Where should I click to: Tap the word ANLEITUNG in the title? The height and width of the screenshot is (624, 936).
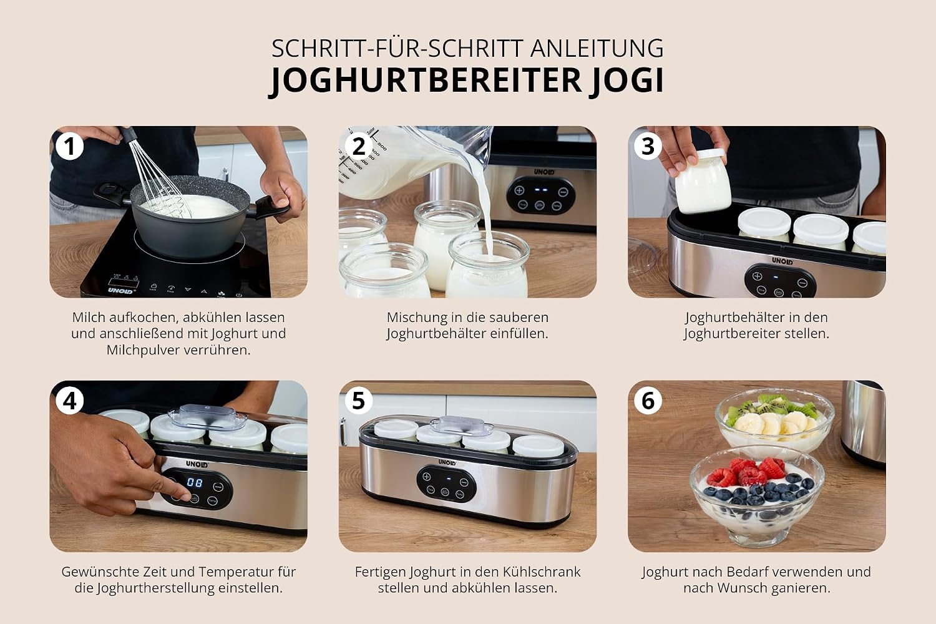(x=597, y=48)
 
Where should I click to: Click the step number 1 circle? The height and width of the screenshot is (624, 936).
(x=69, y=147)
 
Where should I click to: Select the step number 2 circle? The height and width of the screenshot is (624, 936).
(x=359, y=147)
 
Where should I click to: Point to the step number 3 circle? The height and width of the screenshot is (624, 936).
(x=648, y=147)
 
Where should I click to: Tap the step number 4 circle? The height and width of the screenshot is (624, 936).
(x=69, y=401)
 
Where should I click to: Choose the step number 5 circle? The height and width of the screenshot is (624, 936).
(x=359, y=401)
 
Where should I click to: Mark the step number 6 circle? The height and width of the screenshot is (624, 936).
(x=648, y=401)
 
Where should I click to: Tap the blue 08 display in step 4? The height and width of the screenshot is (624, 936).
(x=195, y=483)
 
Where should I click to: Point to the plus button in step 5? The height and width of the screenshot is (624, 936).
(x=426, y=477)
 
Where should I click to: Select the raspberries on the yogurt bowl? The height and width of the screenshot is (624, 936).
(x=747, y=472)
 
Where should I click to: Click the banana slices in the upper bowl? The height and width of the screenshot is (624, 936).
(x=774, y=423)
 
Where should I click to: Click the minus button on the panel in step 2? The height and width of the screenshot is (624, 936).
(x=563, y=192)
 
